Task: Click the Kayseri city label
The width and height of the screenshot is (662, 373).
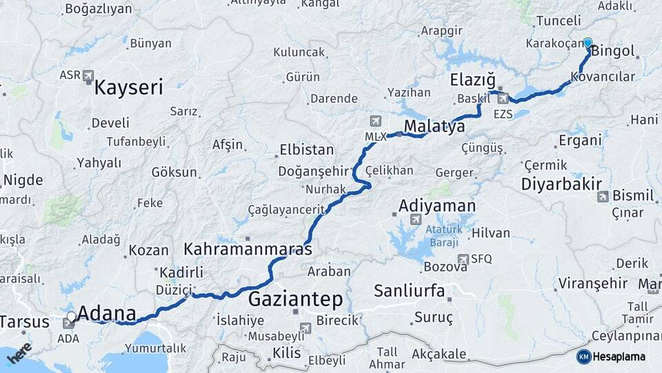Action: (x=128, y=88)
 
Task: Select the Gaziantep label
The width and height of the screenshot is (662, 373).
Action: (x=294, y=299)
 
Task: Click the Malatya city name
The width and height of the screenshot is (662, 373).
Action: (x=434, y=126)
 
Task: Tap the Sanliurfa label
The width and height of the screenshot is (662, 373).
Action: (x=409, y=290)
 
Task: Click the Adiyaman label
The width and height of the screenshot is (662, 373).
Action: (x=437, y=206)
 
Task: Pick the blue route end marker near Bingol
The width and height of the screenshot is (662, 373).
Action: (x=588, y=43)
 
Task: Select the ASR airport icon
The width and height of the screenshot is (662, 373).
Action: (x=88, y=75)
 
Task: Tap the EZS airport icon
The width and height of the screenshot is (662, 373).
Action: (x=503, y=99)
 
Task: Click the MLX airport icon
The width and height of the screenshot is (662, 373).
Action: (x=375, y=122)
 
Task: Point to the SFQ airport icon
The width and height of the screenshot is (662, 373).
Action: (x=464, y=258)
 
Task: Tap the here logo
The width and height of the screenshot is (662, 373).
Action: (x=19, y=354)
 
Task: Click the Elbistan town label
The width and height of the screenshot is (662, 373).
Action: (x=306, y=150)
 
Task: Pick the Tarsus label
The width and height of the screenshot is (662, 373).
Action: (x=25, y=322)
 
